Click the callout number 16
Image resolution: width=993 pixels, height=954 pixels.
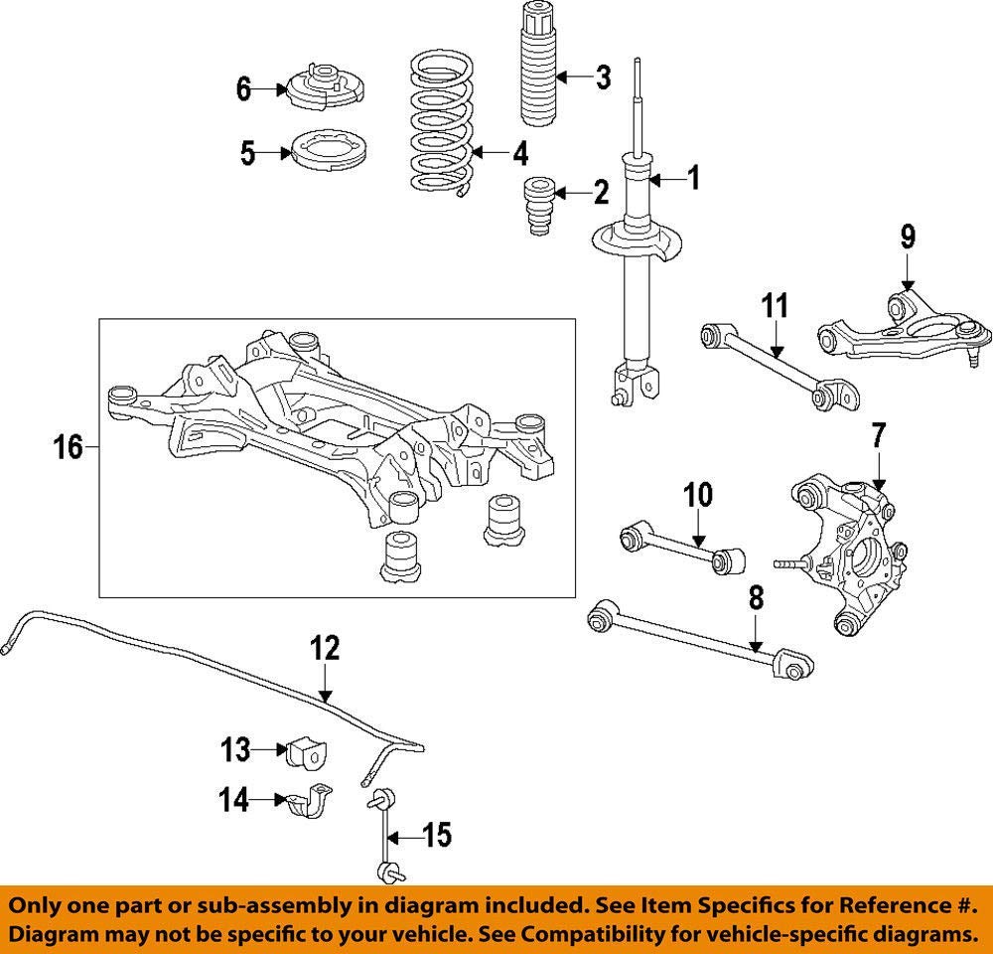69,448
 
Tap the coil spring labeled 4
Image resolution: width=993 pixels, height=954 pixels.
442,124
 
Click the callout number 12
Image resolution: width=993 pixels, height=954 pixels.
325,650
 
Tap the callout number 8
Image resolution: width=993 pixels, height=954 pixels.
756,598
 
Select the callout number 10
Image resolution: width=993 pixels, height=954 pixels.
698,494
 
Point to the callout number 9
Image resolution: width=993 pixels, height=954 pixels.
908,238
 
